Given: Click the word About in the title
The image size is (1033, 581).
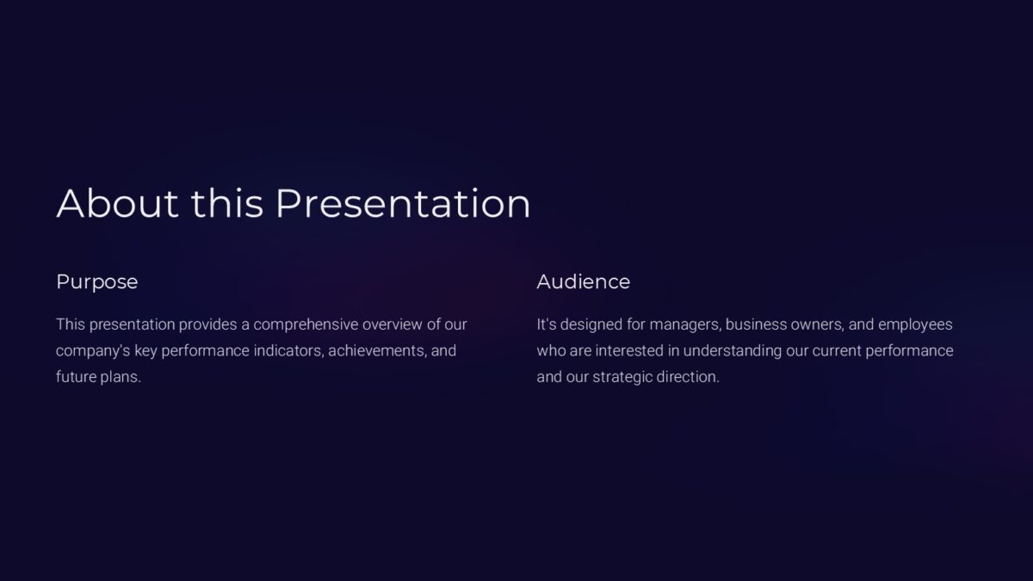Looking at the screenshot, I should [118, 203].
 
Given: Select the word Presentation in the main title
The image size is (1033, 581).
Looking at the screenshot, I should [403, 203].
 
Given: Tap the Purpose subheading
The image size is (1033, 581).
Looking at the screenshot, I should [96, 281].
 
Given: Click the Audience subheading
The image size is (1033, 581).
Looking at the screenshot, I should [583, 281].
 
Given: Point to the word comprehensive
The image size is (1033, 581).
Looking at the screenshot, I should [306, 324].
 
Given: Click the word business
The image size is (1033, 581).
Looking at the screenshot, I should [754, 324].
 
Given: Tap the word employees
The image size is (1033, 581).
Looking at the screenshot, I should [915, 324].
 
